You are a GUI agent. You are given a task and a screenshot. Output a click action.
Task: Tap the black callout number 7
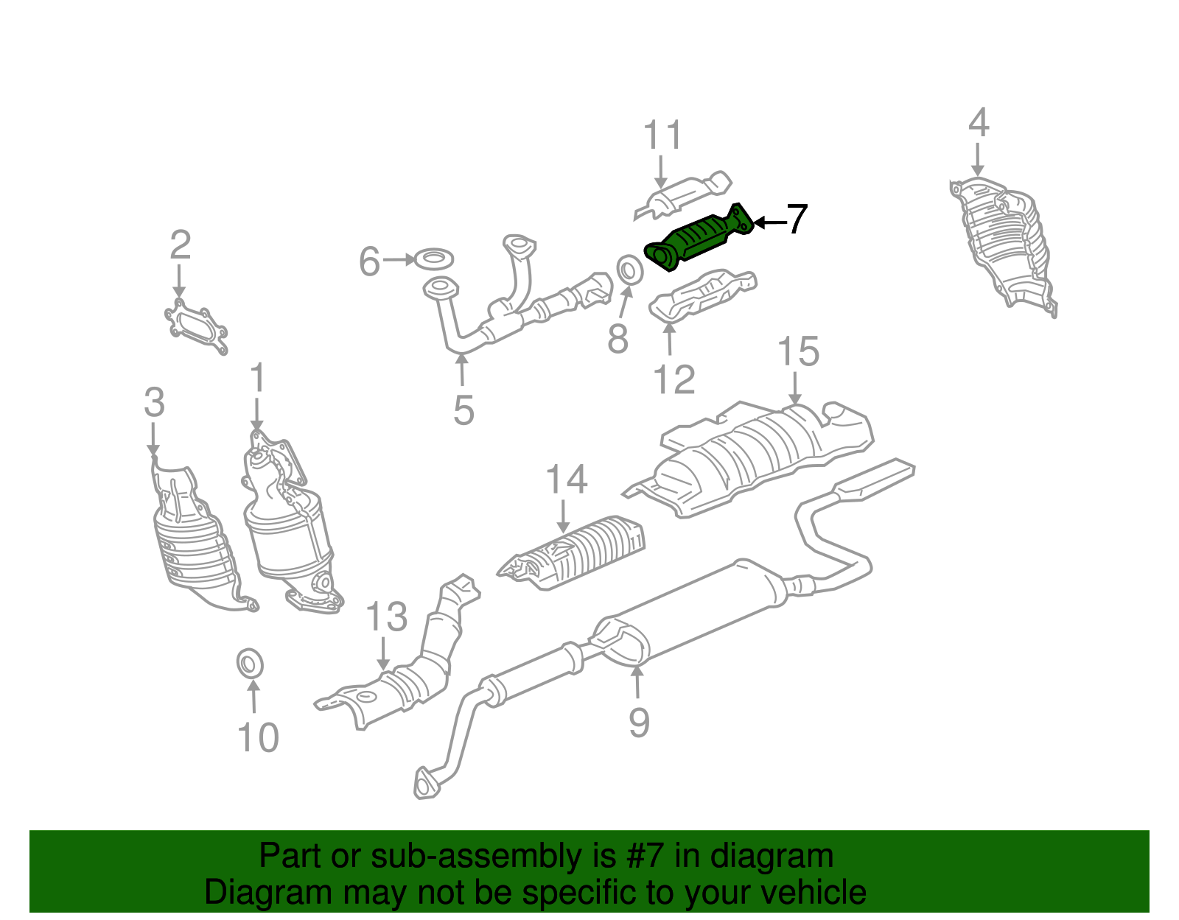click(797, 220)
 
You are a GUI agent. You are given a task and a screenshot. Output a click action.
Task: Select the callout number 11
click(662, 136)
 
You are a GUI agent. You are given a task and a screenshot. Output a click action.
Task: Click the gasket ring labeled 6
click(434, 259)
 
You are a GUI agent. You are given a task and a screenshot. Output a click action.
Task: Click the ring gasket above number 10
click(251, 662)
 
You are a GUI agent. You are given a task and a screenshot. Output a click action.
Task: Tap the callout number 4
click(978, 123)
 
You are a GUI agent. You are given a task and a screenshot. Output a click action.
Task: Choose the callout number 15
click(797, 351)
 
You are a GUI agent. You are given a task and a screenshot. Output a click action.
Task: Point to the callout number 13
click(386, 617)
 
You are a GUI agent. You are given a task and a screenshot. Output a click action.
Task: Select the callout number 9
click(639, 722)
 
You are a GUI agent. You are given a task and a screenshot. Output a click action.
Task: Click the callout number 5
click(463, 410)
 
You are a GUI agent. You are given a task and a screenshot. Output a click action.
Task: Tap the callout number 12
click(674, 380)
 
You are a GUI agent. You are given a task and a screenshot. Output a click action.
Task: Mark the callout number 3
click(153, 403)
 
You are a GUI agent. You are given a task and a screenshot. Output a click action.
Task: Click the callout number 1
click(256, 379)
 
